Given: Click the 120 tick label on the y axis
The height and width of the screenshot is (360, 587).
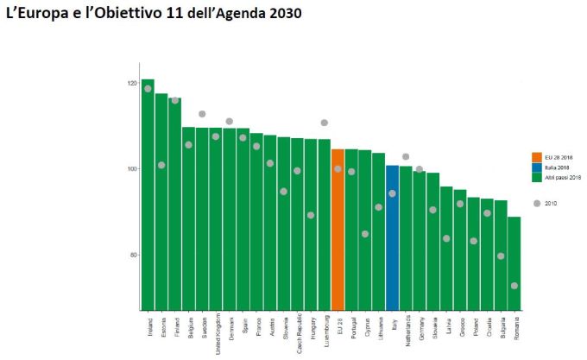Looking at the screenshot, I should [131, 84].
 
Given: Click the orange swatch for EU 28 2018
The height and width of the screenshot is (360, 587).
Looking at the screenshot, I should [536, 157].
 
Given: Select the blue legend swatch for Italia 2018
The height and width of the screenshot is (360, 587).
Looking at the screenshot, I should [536, 167].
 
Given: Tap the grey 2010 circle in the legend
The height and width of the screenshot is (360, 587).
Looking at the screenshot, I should [537, 203].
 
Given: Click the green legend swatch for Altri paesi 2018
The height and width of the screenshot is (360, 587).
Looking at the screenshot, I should [536, 177].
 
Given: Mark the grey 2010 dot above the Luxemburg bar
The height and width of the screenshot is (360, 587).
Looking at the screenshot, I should [325, 123].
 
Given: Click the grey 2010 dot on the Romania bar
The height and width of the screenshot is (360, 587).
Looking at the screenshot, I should [514, 286].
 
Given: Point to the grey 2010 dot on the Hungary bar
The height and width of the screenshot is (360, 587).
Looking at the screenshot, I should [311, 215].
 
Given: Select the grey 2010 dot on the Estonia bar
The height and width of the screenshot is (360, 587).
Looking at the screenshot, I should [161, 165].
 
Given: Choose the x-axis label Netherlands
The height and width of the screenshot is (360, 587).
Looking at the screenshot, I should [406, 331].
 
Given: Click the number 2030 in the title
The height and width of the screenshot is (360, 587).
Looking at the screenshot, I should [284, 15].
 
